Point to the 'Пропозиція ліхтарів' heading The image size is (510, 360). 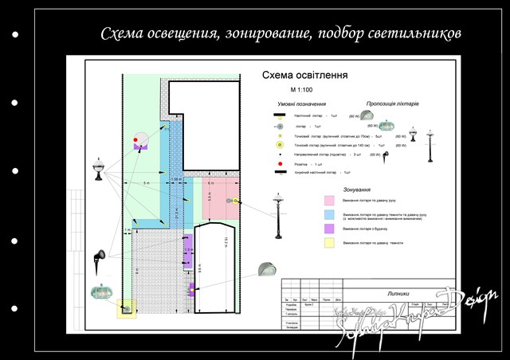coord(393,104)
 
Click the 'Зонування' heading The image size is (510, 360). coord(355,190)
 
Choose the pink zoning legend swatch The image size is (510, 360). coord(328,200)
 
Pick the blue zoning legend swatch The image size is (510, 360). coord(328,214)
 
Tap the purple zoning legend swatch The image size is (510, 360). coord(328,229)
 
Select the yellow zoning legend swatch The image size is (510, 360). coord(328,242)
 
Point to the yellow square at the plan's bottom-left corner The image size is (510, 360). coord(127,308)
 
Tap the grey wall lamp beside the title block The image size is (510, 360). coord(266,270)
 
